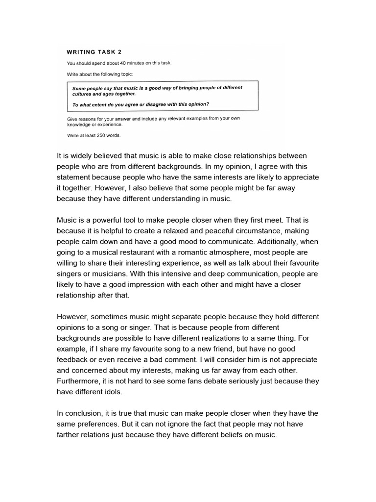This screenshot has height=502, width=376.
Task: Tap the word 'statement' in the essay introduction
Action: click(x=76, y=177)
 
